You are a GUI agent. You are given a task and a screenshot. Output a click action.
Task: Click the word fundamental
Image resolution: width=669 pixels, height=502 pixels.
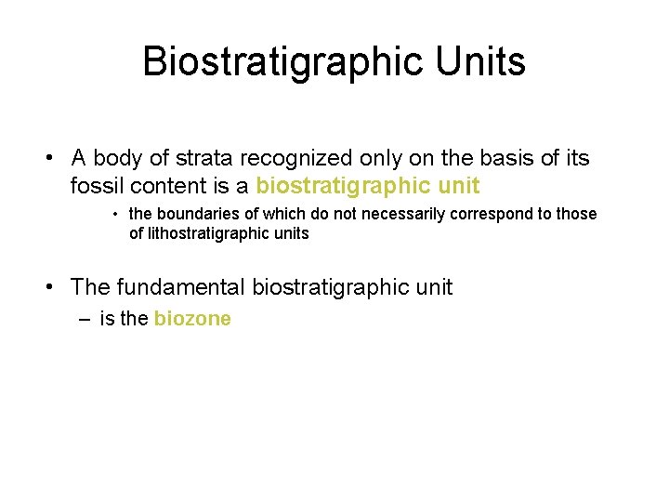click(x=179, y=287)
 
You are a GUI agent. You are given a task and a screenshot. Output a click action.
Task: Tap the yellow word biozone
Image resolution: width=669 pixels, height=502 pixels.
click(x=192, y=319)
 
